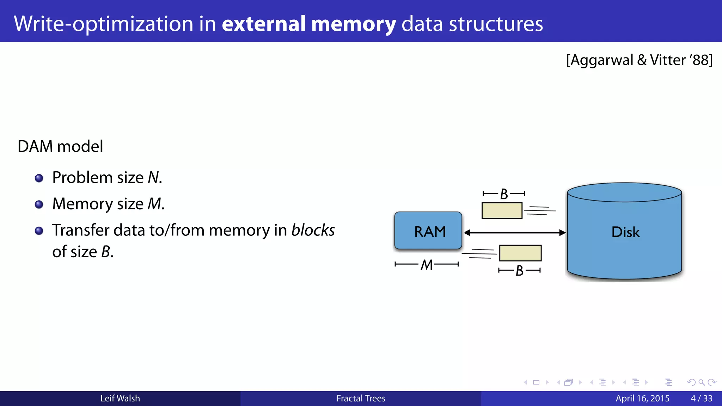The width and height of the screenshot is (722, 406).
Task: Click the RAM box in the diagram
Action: (x=428, y=231)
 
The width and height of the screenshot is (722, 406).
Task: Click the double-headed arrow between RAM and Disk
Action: (x=515, y=233)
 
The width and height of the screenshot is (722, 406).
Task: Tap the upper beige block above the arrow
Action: (x=502, y=211)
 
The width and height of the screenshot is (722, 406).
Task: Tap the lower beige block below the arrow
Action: (x=520, y=253)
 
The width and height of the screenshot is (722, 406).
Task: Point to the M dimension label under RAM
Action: (x=427, y=265)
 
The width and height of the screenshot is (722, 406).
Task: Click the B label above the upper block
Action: (x=504, y=194)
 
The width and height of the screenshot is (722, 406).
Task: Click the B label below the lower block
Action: (x=519, y=271)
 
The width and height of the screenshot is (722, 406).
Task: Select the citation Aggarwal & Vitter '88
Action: (x=639, y=60)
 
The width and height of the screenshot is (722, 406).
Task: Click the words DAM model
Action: (x=60, y=146)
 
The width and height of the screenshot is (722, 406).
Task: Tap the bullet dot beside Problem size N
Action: (x=39, y=178)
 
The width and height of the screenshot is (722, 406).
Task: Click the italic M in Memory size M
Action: (x=154, y=204)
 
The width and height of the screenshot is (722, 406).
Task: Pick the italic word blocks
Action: (x=313, y=230)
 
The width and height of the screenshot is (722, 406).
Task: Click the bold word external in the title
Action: (x=263, y=24)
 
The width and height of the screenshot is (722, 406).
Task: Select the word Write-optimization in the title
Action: (x=104, y=24)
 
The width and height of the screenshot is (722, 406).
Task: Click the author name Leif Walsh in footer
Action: (x=120, y=398)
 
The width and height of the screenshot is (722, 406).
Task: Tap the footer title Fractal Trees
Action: (x=361, y=398)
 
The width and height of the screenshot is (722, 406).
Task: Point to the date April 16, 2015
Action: (x=642, y=398)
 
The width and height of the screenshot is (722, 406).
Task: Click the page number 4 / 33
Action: (x=701, y=398)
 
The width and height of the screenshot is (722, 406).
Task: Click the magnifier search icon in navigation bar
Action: (x=701, y=382)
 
